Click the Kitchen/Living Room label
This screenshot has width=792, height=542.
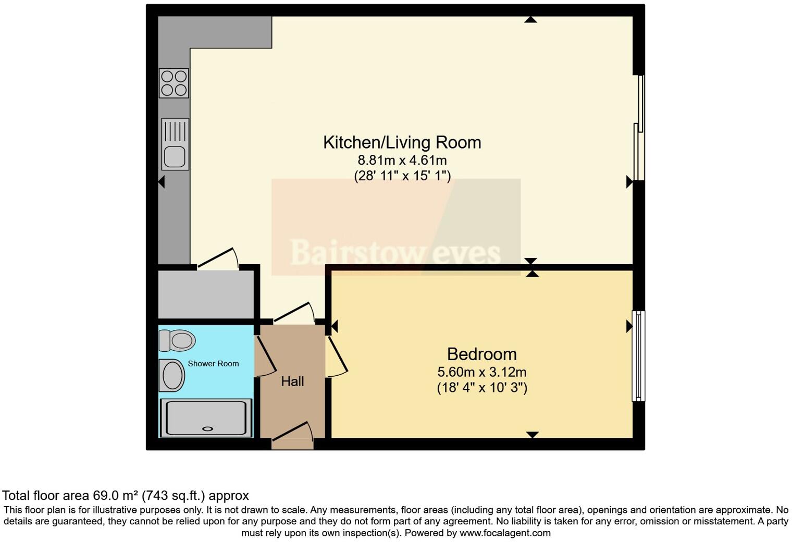(402, 142)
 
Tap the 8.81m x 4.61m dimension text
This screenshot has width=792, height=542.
(402, 160)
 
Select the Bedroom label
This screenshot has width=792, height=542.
(481, 354)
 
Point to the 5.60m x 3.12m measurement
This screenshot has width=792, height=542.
(481, 372)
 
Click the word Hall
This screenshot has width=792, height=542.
(292, 381)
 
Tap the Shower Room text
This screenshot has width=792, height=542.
(213, 364)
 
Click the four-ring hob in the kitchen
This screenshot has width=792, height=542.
(174, 83)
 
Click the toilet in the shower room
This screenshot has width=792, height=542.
(177, 341)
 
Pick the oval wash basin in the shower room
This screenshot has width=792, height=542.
(172, 375)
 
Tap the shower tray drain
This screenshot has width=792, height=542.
(207, 429)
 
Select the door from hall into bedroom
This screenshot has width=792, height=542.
(336, 357)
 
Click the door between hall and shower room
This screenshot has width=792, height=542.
(265, 357)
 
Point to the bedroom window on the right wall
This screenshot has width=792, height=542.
(638, 356)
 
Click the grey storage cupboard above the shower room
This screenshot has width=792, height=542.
(206, 293)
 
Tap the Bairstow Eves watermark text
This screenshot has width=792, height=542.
(395, 253)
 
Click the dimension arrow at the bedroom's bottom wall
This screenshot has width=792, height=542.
(532, 435)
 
